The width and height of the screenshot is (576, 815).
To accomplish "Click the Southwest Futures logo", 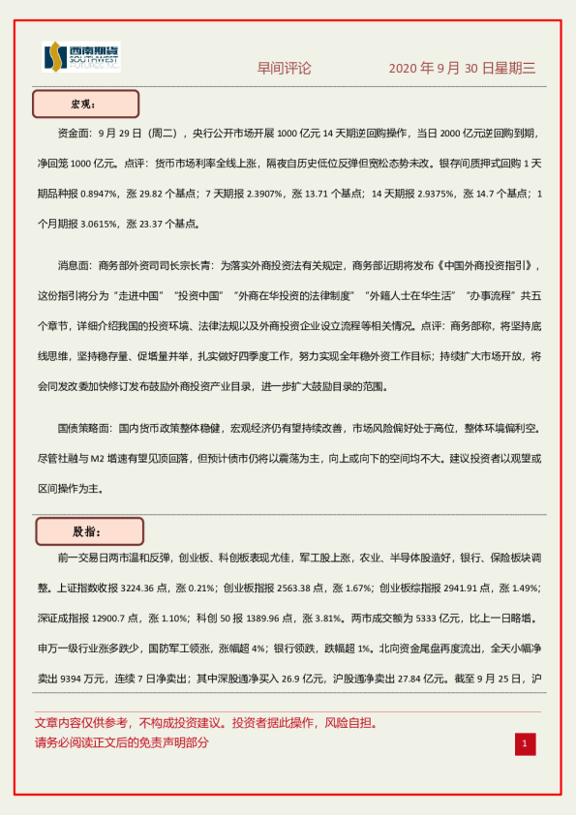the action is [81, 57].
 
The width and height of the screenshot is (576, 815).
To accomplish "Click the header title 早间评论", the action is [284, 68].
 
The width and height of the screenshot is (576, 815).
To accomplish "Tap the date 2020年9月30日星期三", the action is [462, 68].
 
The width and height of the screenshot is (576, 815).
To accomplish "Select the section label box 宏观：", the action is [86, 104].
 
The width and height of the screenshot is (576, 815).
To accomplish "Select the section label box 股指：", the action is [89, 531].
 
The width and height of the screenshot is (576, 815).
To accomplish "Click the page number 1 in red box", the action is [524, 743].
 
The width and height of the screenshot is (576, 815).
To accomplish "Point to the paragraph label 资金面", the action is [78, 133].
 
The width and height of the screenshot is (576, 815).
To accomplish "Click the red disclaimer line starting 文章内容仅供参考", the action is [205, 722].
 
